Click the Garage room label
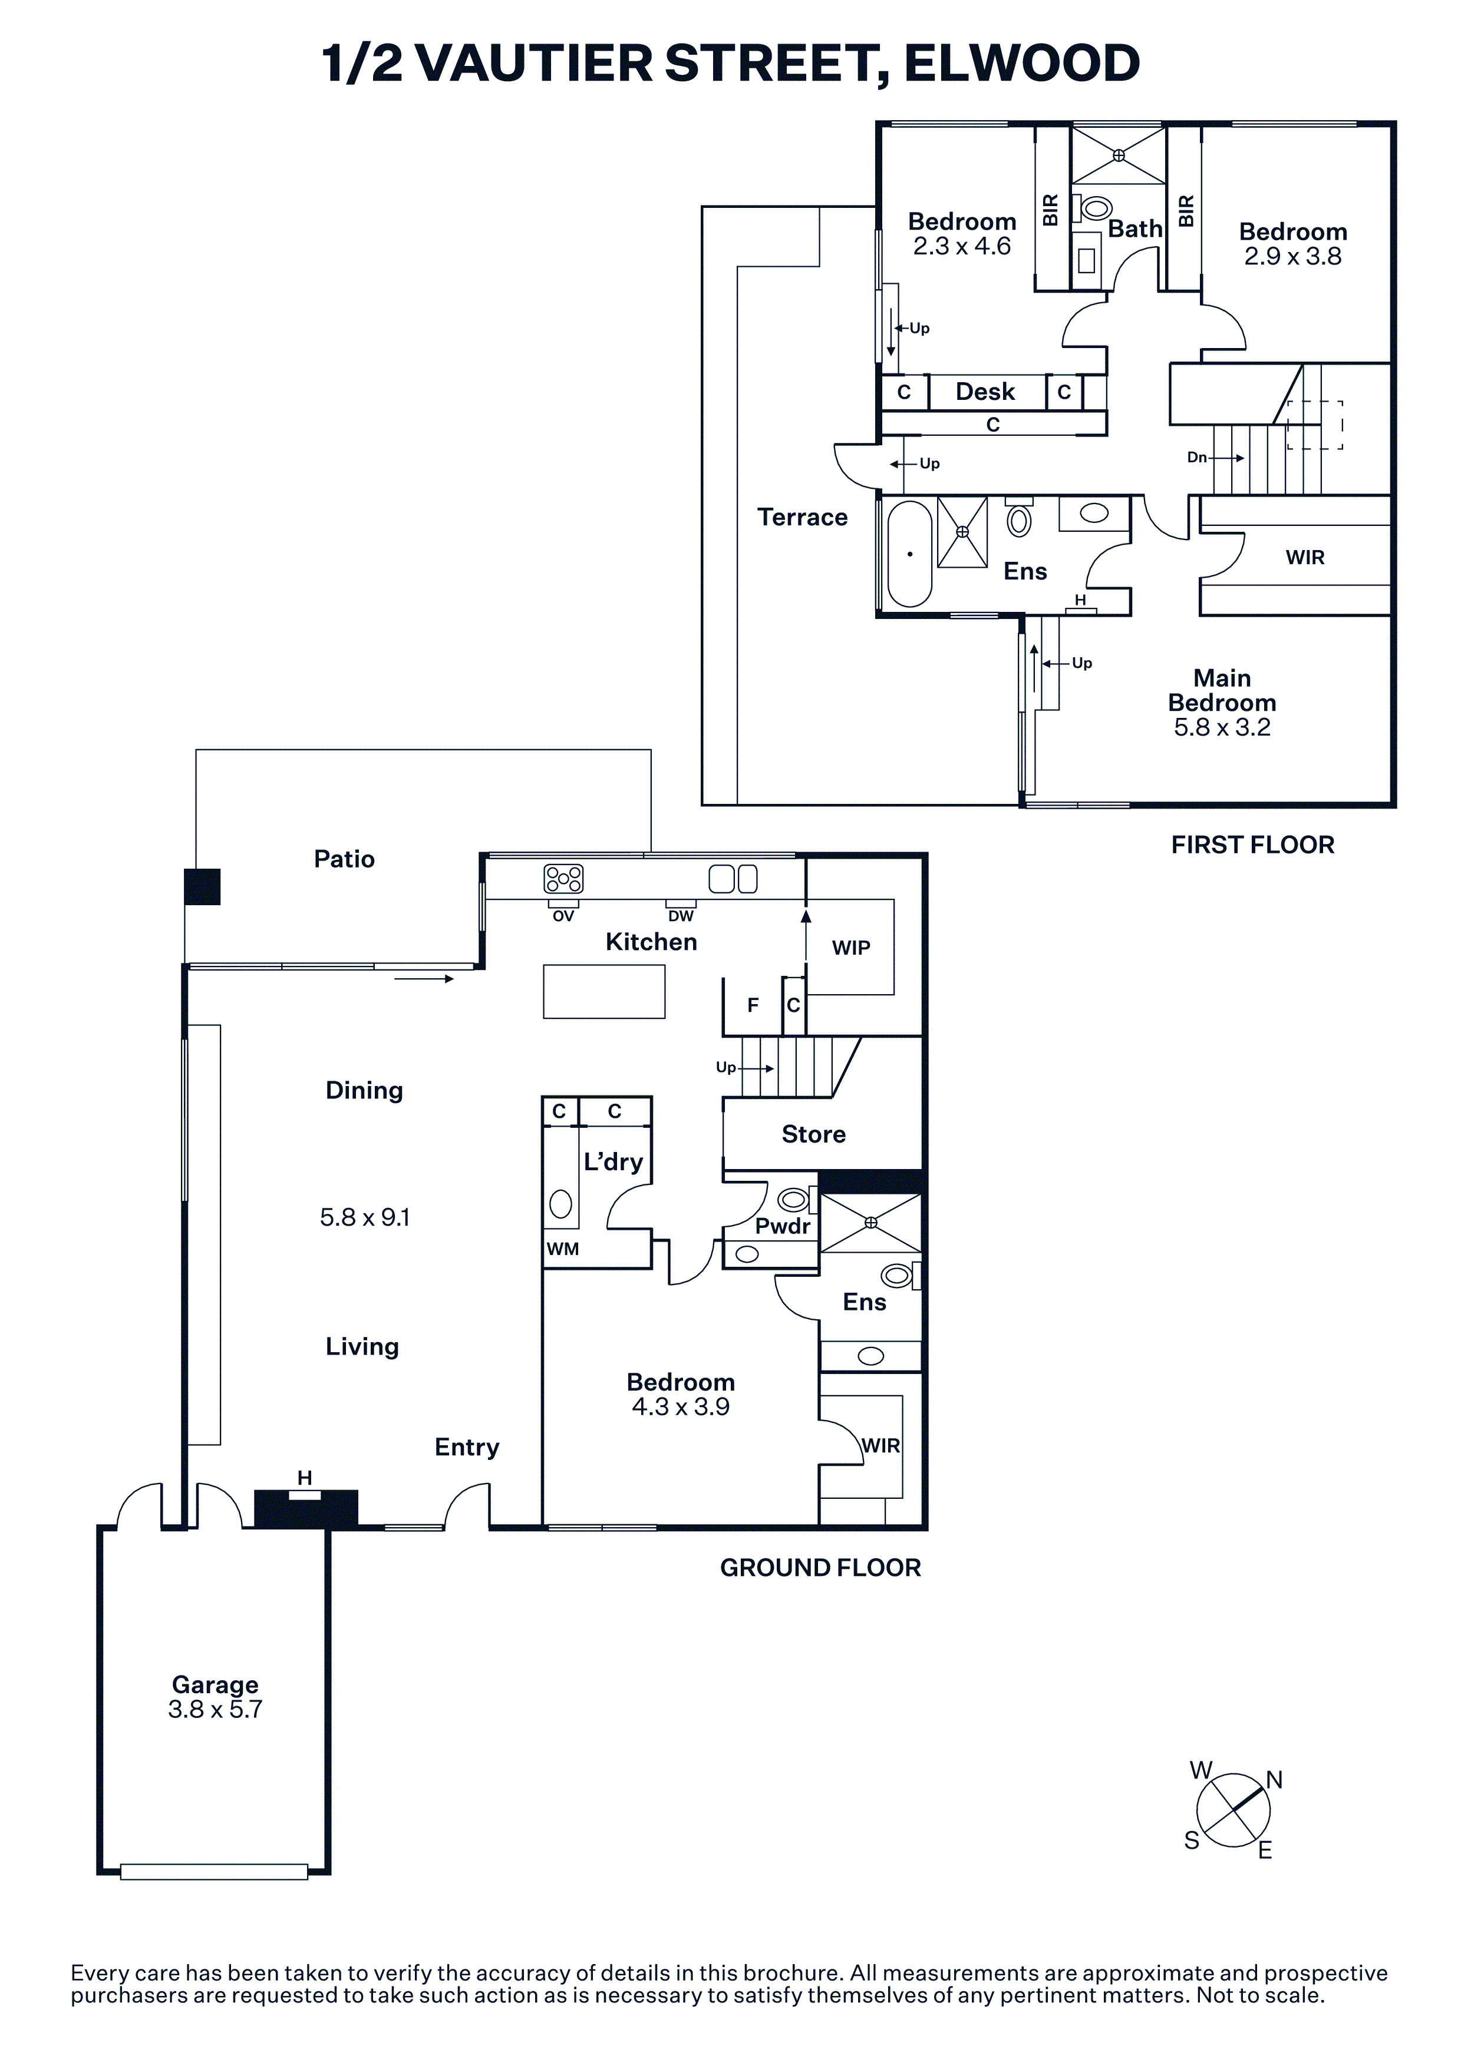point(215,1684)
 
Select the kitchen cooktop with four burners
point(563,878)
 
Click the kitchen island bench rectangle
point(604,992)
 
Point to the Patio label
point(344,859)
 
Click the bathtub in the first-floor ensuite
point(909,554)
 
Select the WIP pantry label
point(850,948)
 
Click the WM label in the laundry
point(563,1249)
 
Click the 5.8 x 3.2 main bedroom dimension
point(1222,727)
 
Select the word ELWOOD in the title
point(1022,63)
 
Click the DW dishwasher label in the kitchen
point(681,916)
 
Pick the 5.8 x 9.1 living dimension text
point(365,1217)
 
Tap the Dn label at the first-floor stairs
point(1196,457)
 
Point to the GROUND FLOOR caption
point(820,1568)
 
